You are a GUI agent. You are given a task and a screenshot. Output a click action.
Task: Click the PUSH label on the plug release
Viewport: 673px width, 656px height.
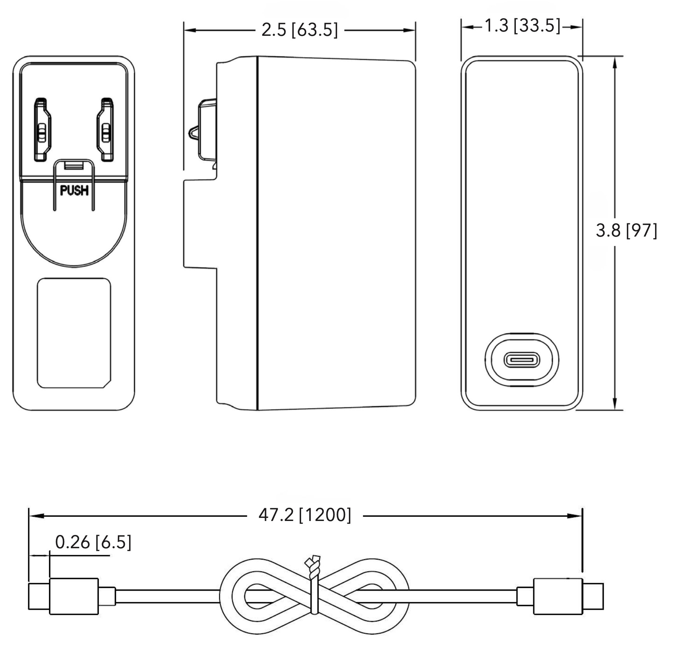[x=74, y=190]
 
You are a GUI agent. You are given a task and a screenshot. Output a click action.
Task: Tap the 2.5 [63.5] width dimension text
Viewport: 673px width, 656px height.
[x=299, y=30]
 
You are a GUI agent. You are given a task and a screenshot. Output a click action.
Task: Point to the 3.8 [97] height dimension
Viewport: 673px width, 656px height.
[x=626, y=230]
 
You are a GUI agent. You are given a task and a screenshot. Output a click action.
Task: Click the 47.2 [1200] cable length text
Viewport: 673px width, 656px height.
[x=305, y=515]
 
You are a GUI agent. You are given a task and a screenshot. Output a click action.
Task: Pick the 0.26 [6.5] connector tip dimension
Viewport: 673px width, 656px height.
[x=93, y=542]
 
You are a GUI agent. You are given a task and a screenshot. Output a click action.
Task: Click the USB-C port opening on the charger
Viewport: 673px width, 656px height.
[x=522, y=360]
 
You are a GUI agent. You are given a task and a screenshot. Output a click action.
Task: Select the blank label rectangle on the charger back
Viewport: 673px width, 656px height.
[x=74, y=333]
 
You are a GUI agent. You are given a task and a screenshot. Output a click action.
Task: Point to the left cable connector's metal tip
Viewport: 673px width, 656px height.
[x=39, y=596]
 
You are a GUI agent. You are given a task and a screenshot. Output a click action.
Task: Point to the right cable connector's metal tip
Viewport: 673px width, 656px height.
[x=593, y=596]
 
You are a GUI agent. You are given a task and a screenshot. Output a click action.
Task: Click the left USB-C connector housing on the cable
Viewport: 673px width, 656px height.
[x=74, y=596]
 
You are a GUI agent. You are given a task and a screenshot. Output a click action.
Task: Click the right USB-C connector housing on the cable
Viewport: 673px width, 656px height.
[x=557, y=596]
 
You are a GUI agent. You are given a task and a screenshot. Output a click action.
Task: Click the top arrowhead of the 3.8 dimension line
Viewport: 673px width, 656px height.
[x=615, y=62]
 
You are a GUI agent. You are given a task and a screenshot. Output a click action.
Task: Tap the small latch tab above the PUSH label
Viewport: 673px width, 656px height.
[x=74, y=165]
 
